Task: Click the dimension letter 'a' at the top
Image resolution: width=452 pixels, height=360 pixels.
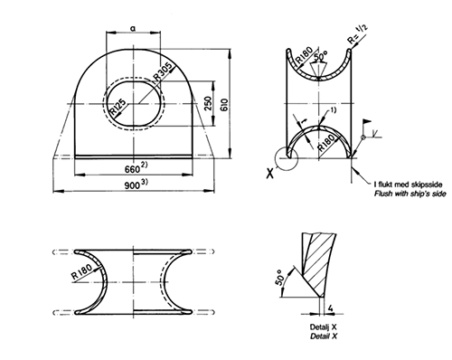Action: tap(133, 29)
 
